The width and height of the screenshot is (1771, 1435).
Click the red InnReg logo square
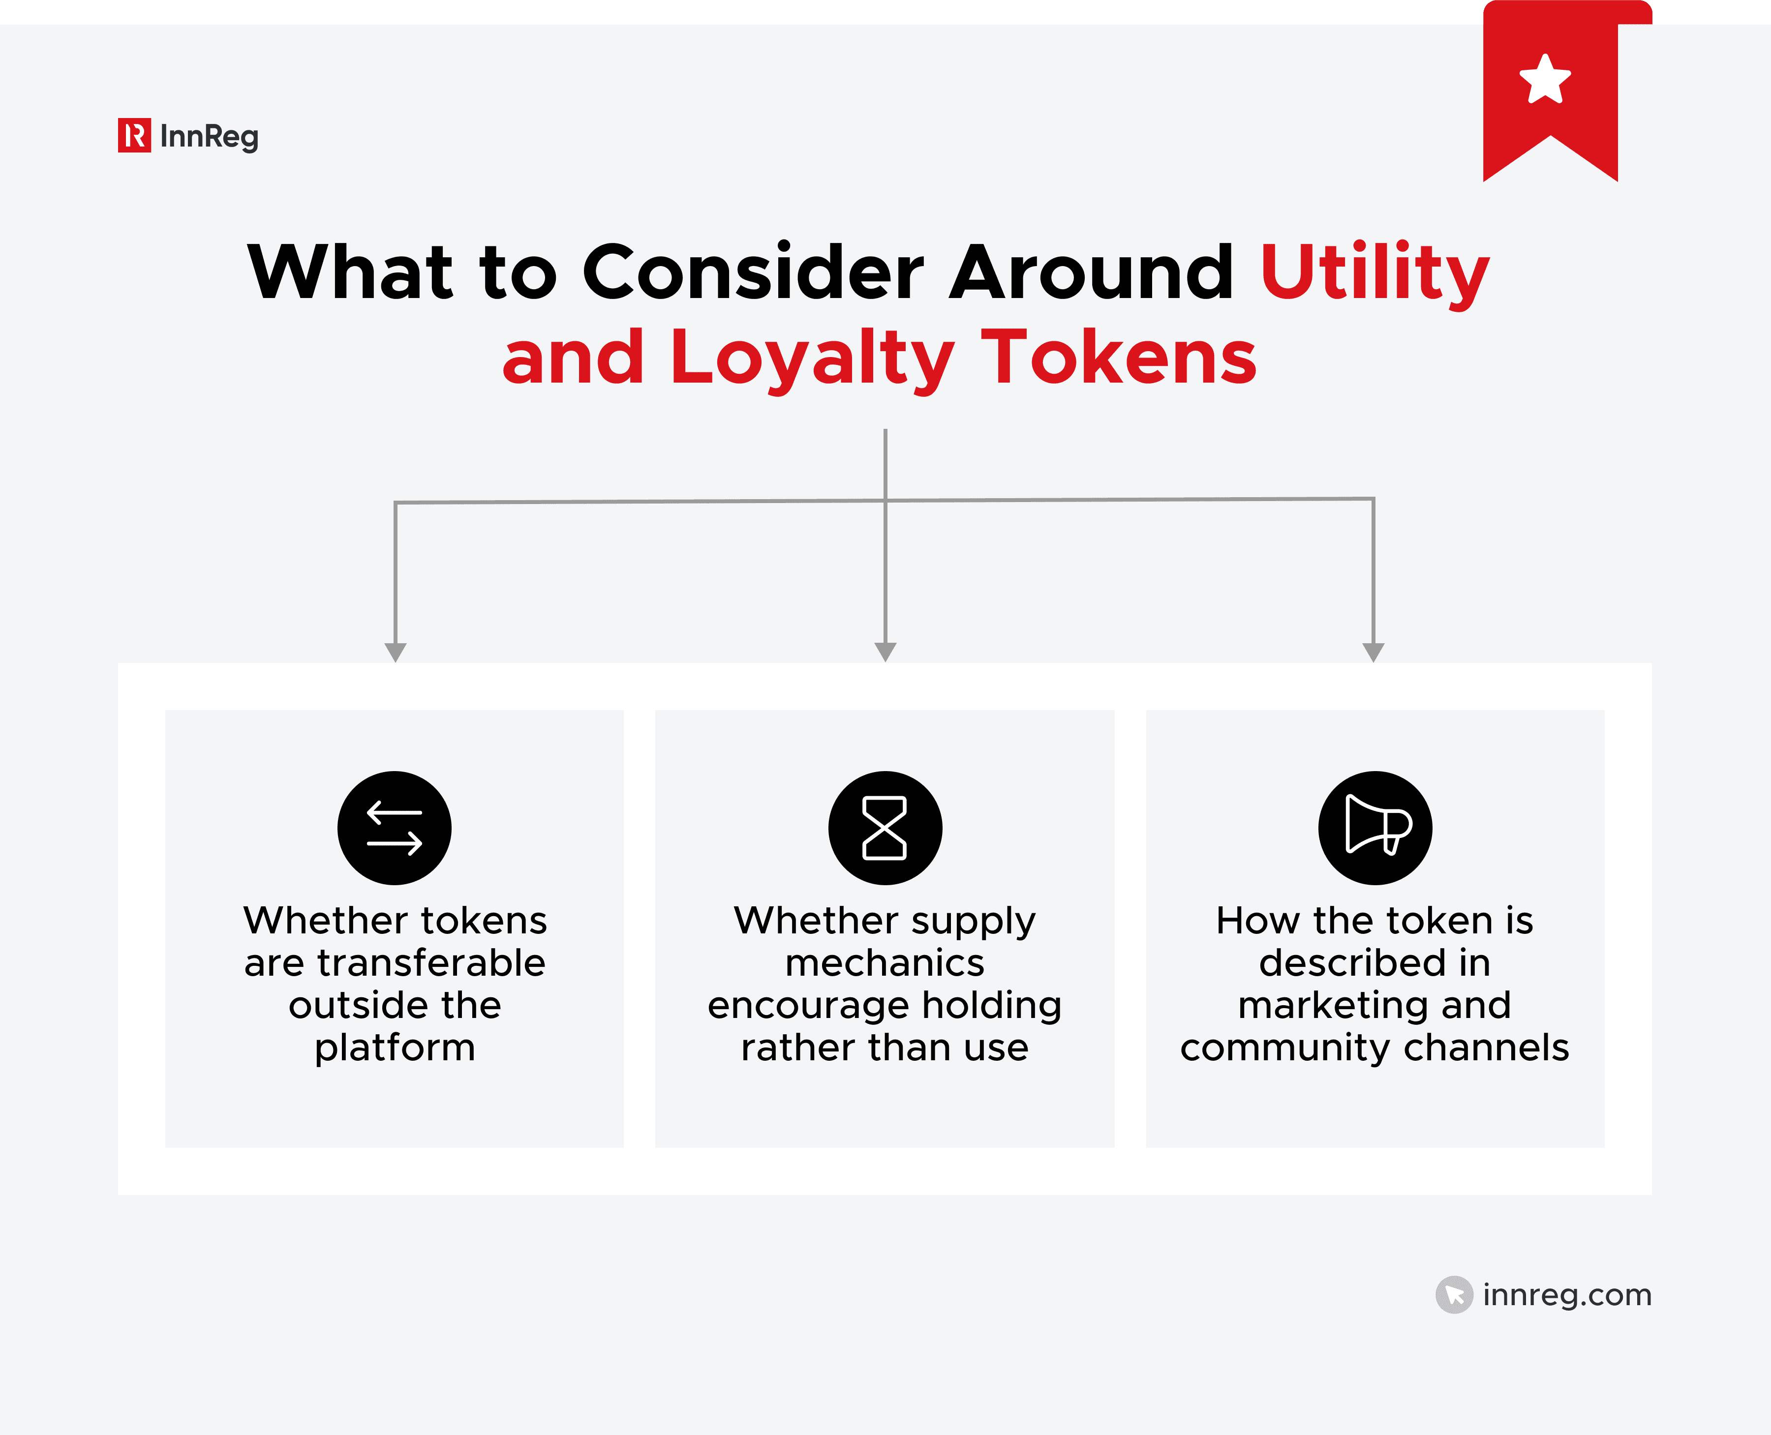[134, 136]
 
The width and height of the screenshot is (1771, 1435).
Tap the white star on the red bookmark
[1544, 80]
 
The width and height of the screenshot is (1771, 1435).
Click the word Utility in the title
[1374, 273]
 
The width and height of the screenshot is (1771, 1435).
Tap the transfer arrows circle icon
[395, 828]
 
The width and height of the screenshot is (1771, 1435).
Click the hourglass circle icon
[885, 828]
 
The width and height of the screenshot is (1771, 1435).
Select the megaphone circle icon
[1375, 828]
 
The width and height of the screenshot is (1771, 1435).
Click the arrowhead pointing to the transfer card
[396, 652]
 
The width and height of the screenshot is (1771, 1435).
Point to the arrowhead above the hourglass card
[885, 652]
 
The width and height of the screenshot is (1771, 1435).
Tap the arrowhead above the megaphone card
[1374, 652]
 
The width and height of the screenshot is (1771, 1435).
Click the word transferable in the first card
[431, 963]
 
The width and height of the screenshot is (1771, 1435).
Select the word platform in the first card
[395, 1048]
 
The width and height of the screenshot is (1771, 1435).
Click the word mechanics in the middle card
[885, 963]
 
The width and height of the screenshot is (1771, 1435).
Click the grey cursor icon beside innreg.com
[1454, 1294]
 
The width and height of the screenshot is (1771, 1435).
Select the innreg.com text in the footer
[1567, 1294]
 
